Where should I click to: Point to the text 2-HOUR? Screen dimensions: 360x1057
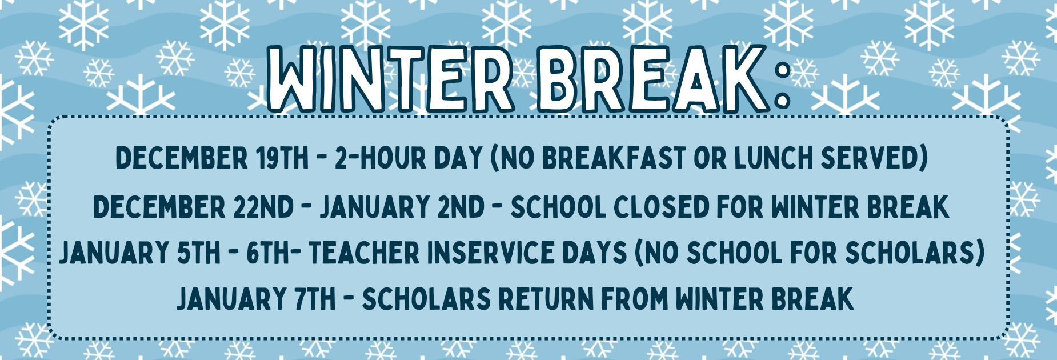click(x=380, y=158)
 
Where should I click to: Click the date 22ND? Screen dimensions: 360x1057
click(x=263, y=207)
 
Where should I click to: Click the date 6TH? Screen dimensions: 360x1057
click(x=268, y=253)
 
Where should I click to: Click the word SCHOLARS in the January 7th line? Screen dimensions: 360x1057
click(x=426, y=299)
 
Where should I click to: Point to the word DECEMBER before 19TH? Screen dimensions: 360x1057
click(x=182, y=158)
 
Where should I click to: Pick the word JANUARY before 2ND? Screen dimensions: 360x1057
click(x=374, y=207)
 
